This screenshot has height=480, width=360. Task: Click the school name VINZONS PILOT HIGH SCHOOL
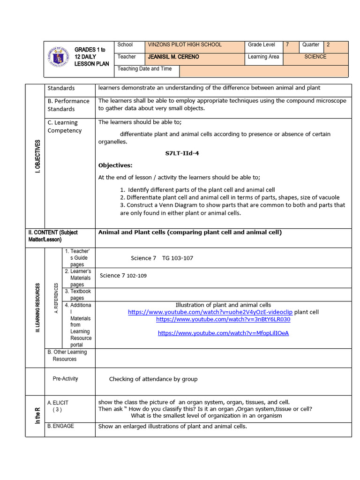click(185, 45)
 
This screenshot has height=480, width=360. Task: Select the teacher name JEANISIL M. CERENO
click(173, 57)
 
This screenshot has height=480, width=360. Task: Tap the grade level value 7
click(288, 45)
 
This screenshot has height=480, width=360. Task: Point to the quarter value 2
click(328, 45)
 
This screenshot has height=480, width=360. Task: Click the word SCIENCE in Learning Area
click(315, 57)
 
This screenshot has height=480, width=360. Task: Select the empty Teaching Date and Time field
click(263, 71)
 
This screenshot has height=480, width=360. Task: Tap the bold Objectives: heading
click(115, 165)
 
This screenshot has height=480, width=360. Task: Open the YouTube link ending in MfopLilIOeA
click(223, 333)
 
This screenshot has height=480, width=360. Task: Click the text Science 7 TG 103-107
click(162, 258)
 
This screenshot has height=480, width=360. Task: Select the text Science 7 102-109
click(123, 276)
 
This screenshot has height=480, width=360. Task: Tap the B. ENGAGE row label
click(60, 426)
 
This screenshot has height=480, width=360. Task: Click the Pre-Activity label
click(65, 379)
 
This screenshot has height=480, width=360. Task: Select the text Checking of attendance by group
click(153, 379)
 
